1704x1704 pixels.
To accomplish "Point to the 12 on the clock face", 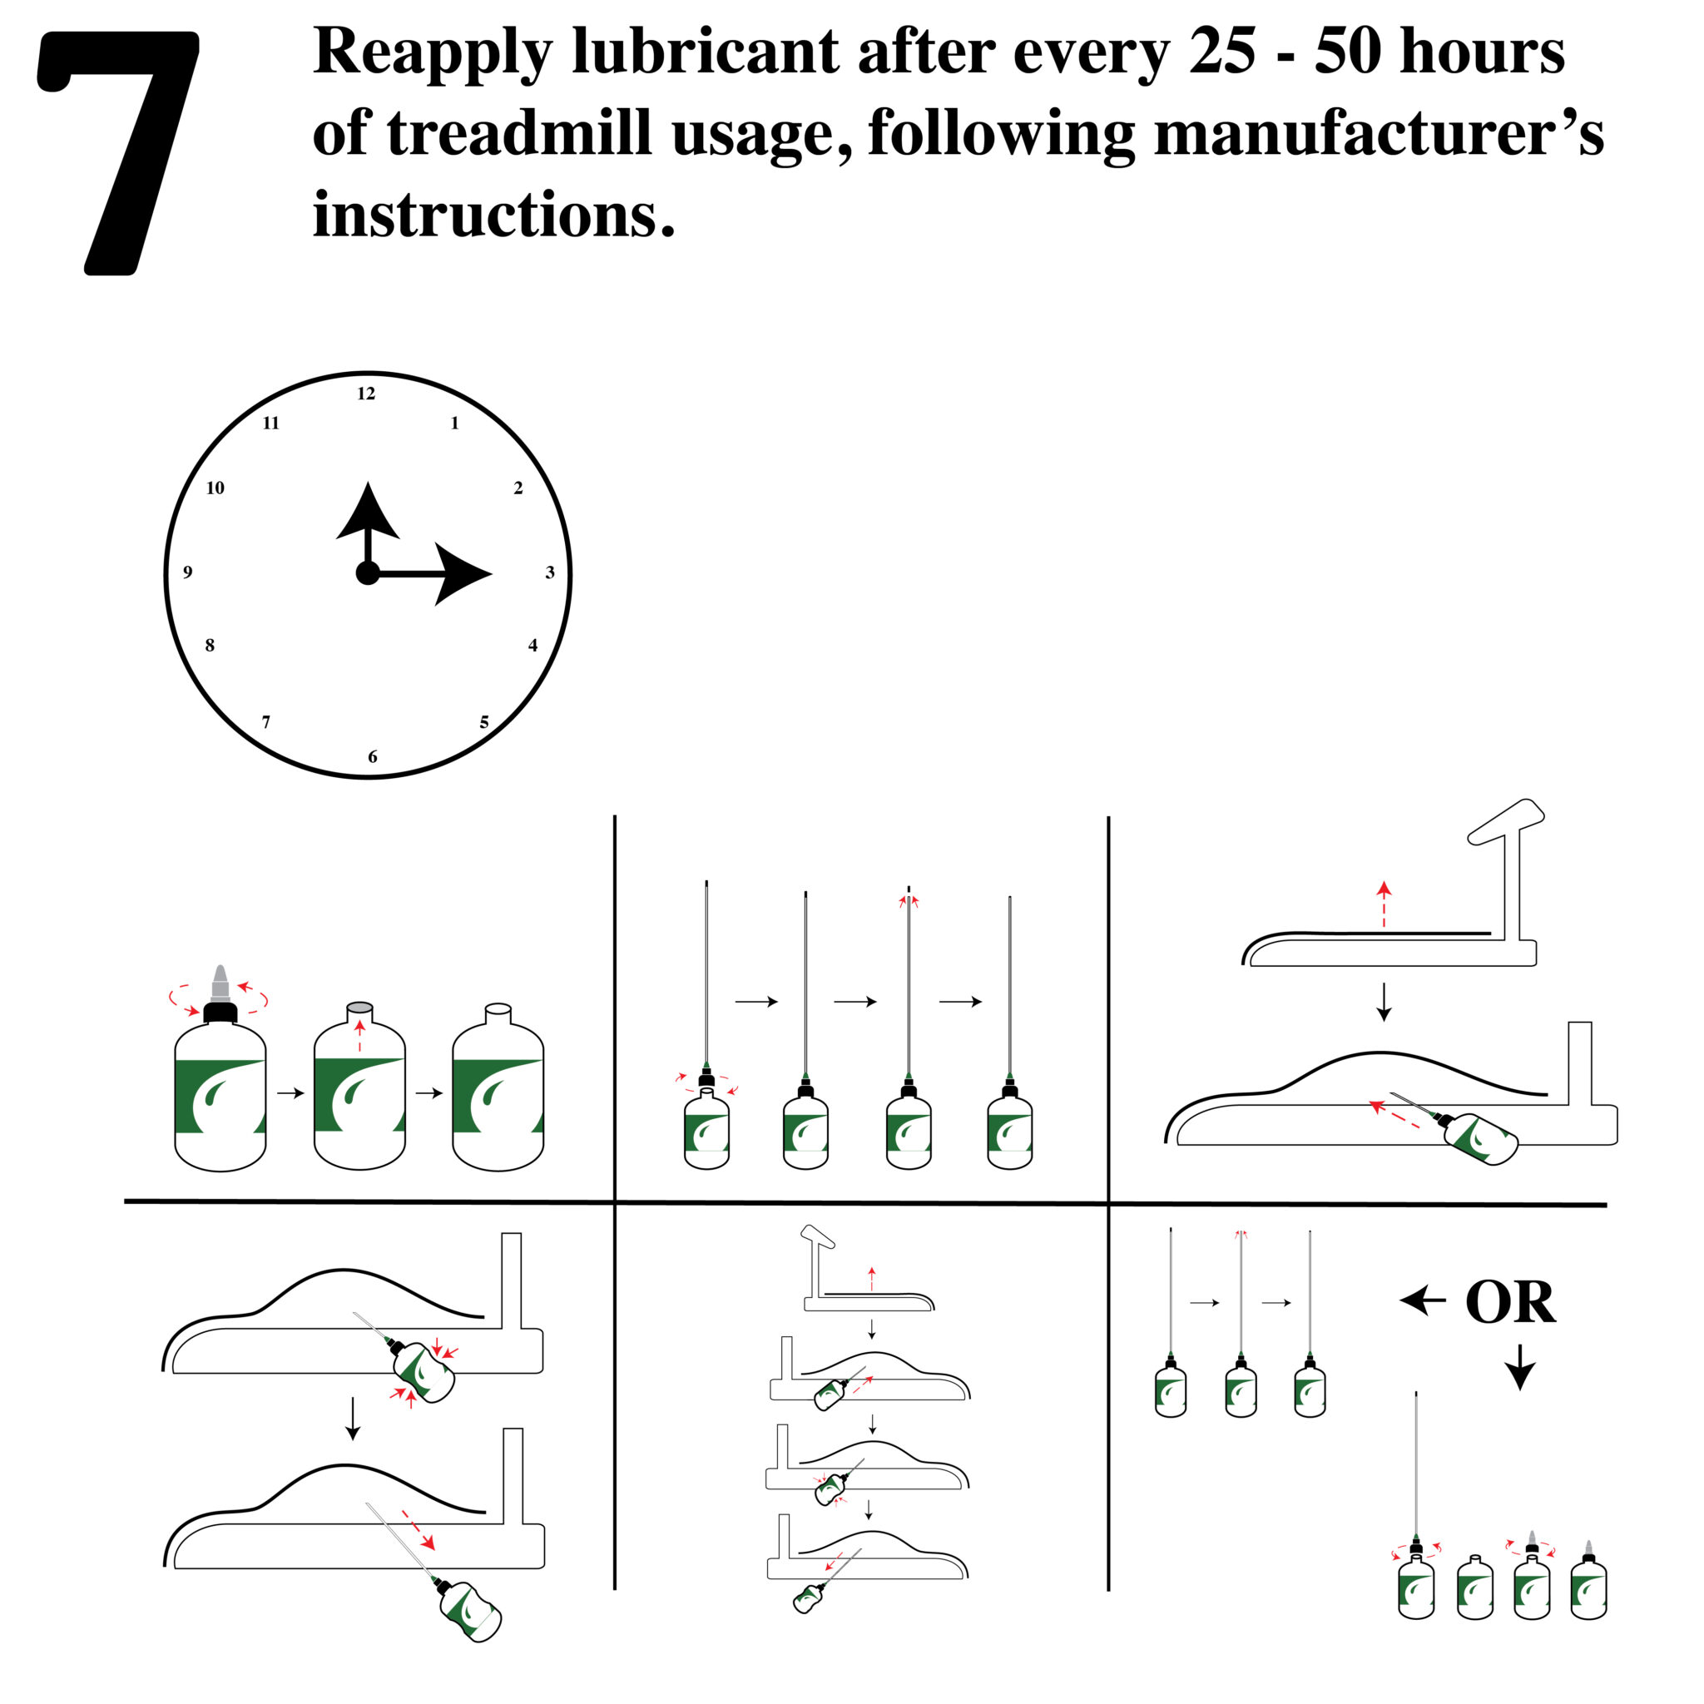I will (366, 394).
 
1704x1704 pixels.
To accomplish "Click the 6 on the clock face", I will (372, 757).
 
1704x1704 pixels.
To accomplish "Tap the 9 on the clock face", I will (187, 572).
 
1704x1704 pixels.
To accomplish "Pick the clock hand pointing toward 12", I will (368, 520).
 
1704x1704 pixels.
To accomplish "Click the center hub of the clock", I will (368, 573).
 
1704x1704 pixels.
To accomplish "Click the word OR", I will (1510, 1303).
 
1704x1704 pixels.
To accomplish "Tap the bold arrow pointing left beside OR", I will (1422, 1300).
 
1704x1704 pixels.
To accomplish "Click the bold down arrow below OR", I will (1519, 1368).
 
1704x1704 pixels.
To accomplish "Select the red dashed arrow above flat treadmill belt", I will (1384, 904).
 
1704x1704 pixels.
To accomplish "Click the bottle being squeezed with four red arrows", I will (424, 1372).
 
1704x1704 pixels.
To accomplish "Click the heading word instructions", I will (493, 216).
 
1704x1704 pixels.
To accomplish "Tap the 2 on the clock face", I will (518, 488).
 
